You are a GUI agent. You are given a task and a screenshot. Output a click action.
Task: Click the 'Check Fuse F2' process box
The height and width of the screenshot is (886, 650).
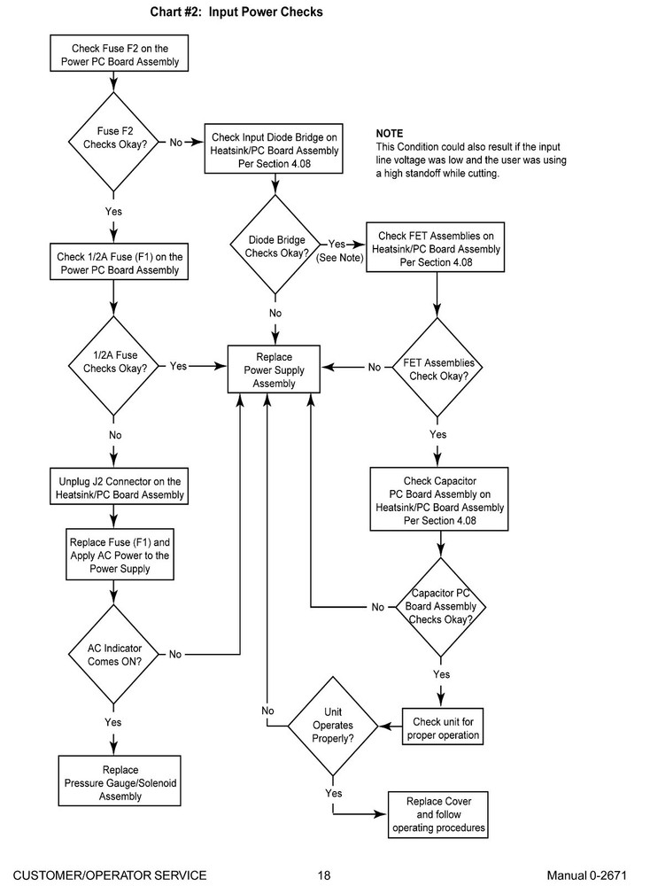click(x=120, y=53)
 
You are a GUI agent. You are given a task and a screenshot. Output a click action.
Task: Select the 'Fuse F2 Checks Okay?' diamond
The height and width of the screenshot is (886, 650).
click(x=114, y=142)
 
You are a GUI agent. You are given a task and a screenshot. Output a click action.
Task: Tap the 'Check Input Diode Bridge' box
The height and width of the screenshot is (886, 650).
click(x=274, y=149)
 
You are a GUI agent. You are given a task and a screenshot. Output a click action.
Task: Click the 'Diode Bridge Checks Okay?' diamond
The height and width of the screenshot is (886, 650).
click(x=275, y=245)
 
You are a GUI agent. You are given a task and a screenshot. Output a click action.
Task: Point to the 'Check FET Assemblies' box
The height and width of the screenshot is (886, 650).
click(x=436, y=247)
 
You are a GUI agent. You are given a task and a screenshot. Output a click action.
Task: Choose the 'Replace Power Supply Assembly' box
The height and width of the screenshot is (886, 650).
click(x=274, y=369)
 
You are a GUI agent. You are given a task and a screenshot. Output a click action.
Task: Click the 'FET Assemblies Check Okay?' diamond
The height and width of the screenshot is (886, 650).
click(x=437, y=368)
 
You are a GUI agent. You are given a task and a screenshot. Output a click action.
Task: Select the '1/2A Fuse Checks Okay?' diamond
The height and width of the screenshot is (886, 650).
click(x=114, y=366)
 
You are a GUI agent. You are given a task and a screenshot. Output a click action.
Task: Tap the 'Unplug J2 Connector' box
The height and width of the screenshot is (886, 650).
click(x=120, y=486)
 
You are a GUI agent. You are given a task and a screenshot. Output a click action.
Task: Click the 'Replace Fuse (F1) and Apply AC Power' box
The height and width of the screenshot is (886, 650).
click(x=120, y=555)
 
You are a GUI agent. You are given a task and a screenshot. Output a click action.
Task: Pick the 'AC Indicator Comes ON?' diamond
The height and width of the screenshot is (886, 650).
click(x=114, y=655)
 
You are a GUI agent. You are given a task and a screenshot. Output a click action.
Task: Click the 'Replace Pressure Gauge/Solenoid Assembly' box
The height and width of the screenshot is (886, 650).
click(x=120, y=781)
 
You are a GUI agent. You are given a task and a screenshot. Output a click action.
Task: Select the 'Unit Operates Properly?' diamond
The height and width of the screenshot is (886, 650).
click(x=333, y=727)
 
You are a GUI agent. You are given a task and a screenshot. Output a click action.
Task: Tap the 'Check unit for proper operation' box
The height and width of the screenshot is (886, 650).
click(x=443, y=727)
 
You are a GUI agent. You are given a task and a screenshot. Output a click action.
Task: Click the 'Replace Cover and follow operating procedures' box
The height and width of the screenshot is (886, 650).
click(x=438, y=815)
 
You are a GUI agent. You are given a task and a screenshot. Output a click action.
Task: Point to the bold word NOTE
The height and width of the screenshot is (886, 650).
click(x=390, y=134)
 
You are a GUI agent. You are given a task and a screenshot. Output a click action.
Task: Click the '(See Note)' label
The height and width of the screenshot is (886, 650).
click(x=339, y=258)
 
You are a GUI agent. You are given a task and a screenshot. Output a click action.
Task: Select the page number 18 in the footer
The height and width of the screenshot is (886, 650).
click(x=323, y=875)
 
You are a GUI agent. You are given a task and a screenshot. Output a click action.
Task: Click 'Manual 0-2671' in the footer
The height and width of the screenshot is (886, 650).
click(x=587, y=875)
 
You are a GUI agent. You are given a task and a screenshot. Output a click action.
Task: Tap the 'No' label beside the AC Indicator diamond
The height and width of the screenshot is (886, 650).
click(x=175, y=655)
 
